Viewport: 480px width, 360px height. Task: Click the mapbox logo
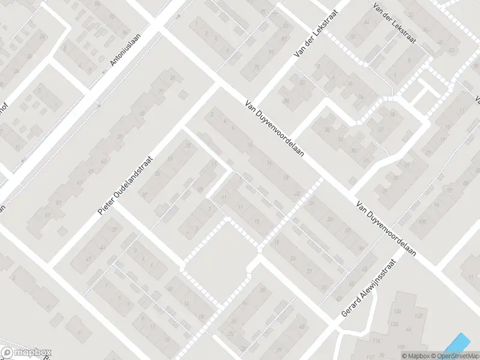[x=26, y=353]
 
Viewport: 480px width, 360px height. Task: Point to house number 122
[x=418, y=316]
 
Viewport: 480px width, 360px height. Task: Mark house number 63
[x=47, y=214]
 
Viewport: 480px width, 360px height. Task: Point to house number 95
[x=257, y=67]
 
